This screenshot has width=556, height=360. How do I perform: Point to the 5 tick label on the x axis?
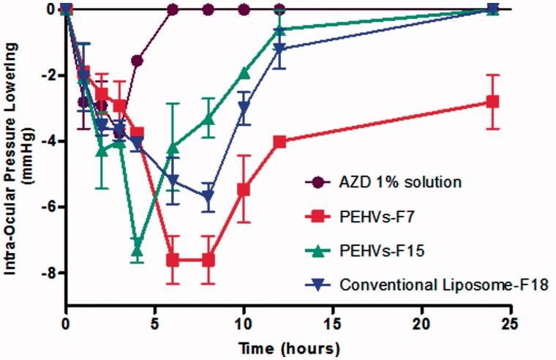click(x=155, y=320)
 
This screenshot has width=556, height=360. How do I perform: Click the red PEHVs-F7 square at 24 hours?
click(x=492, y=102)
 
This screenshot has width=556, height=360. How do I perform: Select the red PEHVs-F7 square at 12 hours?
click(x=279, y=142)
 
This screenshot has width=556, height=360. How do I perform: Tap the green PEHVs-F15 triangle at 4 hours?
click(x=137, y=250)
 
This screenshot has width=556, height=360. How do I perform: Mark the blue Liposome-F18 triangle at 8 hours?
click(x=209, y=197)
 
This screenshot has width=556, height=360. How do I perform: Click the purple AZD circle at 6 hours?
click(x=173, y=10)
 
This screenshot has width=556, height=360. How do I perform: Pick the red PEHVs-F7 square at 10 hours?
click(x=244, y=190)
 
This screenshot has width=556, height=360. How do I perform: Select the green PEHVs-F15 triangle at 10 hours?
click(x=244, y=73)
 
